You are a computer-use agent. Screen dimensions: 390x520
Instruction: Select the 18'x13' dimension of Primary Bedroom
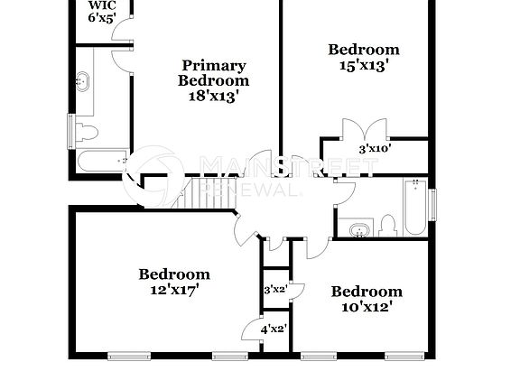pos(213,96)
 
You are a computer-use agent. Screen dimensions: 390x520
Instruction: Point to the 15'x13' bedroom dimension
pos(364,65)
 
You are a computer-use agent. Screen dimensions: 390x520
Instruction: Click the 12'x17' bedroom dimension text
pos(174,290)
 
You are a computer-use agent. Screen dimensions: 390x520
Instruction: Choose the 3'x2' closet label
pos(274,291)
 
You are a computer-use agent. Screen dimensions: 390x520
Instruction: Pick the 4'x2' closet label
pos(273,329)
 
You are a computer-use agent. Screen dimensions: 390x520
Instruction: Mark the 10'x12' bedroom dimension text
pos(367,306)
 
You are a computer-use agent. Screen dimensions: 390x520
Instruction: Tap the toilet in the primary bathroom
pos(85,134)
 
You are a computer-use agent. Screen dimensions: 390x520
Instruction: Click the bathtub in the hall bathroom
pos(414,208)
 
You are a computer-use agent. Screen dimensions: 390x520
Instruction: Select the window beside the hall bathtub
pos(432,204)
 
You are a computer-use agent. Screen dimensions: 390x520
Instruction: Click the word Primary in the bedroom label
pos(214,65)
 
